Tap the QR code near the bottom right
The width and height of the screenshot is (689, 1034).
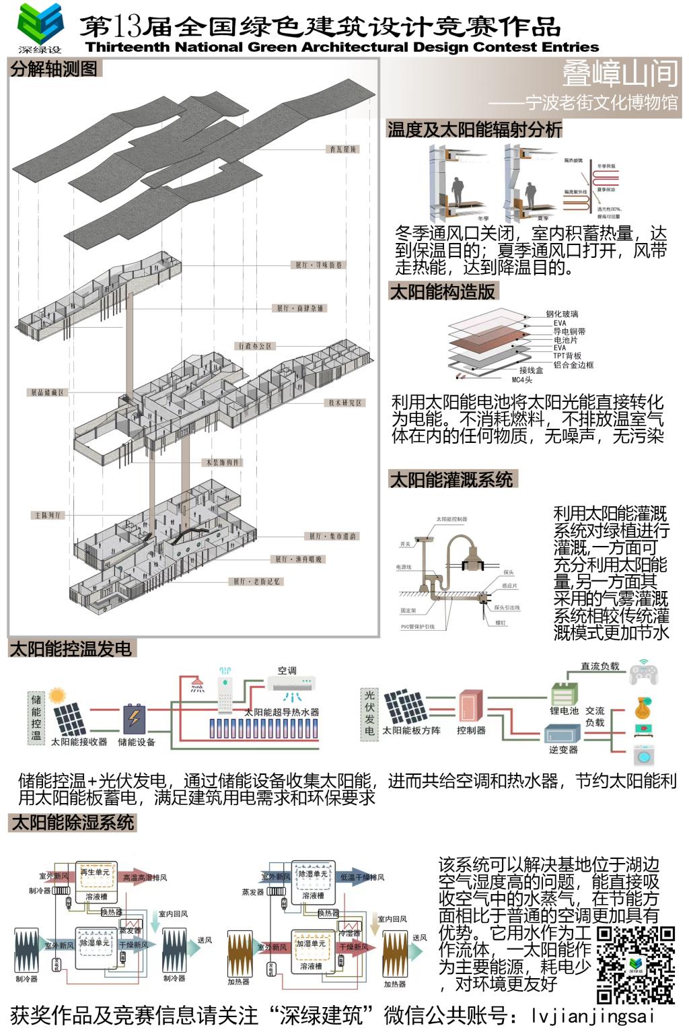click(x=635, y=964)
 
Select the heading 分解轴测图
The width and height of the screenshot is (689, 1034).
click(x=54, y=69)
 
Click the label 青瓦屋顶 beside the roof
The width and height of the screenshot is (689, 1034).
click(x=342, y=149)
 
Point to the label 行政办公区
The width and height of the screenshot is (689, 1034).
click(x=256, y=346)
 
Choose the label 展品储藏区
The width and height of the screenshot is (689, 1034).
click(x=46, y=392)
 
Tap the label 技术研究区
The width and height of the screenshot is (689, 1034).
click(x=345, y=403)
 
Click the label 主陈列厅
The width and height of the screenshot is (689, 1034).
click(x=48, y=515)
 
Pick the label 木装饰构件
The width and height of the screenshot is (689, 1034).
click(x=222, y=462)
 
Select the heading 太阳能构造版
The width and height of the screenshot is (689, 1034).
click(x=443, y=291)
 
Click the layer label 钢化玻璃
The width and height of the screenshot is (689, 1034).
click(x=562, y=314)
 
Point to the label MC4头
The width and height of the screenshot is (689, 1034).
click(x=521, y=380)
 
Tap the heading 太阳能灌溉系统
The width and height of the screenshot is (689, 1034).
click(x=451, y=479)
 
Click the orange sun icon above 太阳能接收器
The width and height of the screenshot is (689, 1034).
click(x=57, y=695)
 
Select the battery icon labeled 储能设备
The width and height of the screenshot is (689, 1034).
click(x=135, y=718)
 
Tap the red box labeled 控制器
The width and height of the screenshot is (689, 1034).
click(x=470, y=707)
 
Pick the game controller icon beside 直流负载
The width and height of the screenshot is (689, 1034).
click(x=643, y=673)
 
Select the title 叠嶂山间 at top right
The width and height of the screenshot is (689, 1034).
click(x=620, y=73)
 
